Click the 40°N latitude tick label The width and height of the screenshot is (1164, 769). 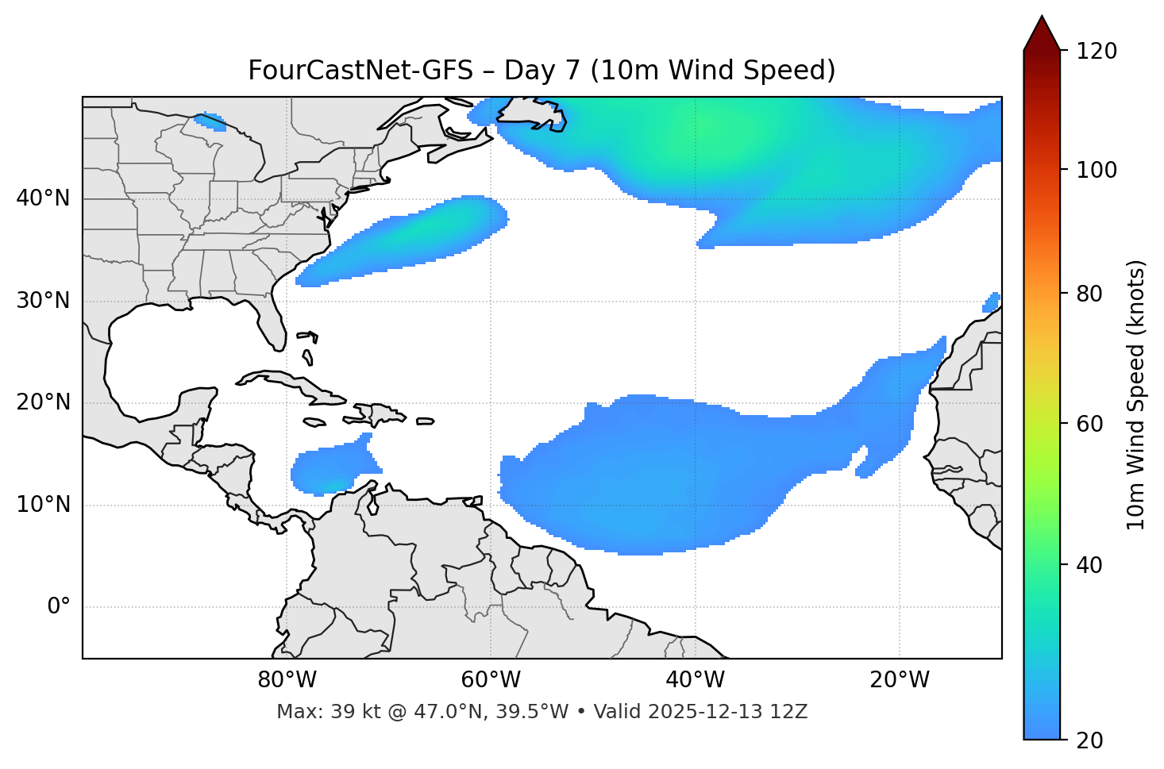pos(43,198)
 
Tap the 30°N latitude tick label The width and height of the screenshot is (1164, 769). pos(43,301)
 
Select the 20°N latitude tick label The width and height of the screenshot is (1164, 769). pos(43,402)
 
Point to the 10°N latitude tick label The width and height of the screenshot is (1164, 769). pos(43,505)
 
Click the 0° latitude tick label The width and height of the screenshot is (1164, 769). pos(58,607)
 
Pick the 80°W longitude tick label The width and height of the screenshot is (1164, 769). pos(287,680)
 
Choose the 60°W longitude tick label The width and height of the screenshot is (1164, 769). pos(491,680)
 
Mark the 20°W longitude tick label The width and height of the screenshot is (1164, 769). pos(900,680)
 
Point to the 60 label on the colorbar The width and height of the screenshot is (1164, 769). pos(1088,424)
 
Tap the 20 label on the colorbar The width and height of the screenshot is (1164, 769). pos(1088,740)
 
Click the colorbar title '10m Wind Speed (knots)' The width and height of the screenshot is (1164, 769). pos(1136,394)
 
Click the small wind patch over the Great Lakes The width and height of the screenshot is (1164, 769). pos(210,121)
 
